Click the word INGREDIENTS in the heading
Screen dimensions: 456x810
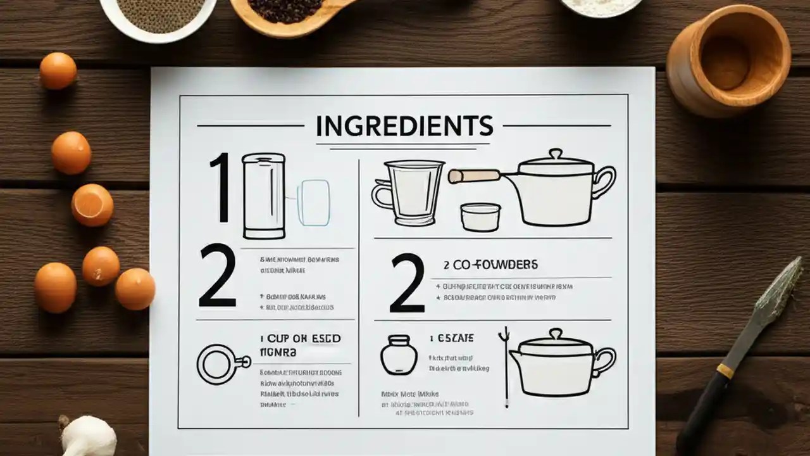(404, 126)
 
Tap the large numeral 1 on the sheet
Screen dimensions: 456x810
(220, 187)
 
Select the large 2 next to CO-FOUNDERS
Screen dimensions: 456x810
(407, 282)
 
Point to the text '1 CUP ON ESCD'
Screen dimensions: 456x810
(301, 339)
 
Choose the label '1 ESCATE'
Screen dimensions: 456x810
(451, 338)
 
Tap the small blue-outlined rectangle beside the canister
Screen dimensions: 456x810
(313, 203)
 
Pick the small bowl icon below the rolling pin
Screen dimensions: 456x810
(480, 217)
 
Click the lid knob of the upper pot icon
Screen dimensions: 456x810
(556, 154)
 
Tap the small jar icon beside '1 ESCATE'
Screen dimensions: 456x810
(399, 355)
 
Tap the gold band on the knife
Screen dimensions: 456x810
(725, 370)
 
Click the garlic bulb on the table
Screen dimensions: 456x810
(89, 437)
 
